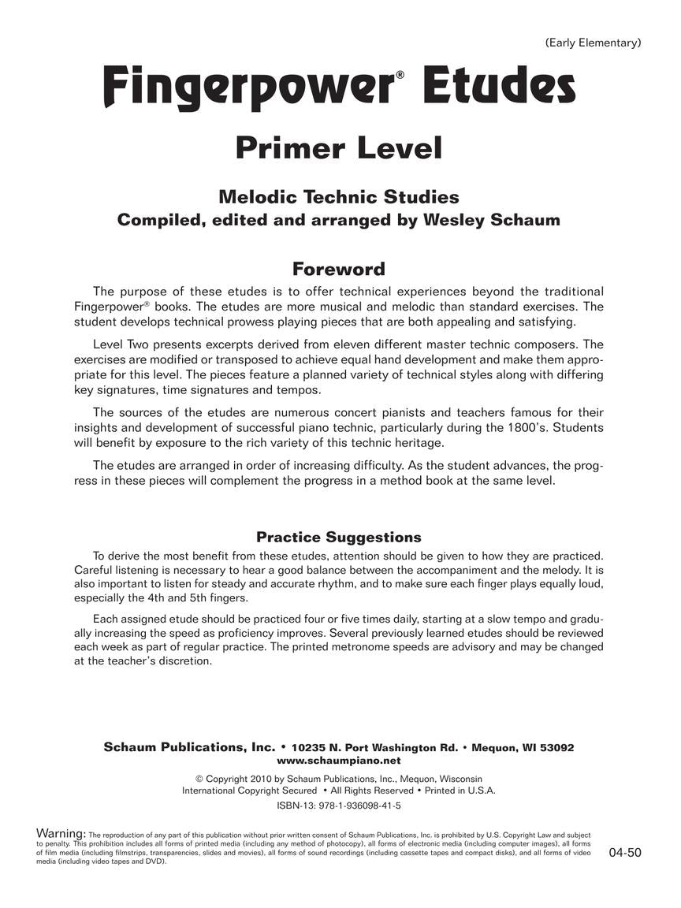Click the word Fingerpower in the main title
(247, 88)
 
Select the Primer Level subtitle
(339, 148)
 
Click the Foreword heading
(339, 269)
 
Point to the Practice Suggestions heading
(339, 537)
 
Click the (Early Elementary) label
(593, 43)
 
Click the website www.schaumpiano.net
(339, 761)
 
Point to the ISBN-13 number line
(339, 806)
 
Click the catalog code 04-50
(625, 852)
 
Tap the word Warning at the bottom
(61, 833)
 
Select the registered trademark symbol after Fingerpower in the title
(400, 75)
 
